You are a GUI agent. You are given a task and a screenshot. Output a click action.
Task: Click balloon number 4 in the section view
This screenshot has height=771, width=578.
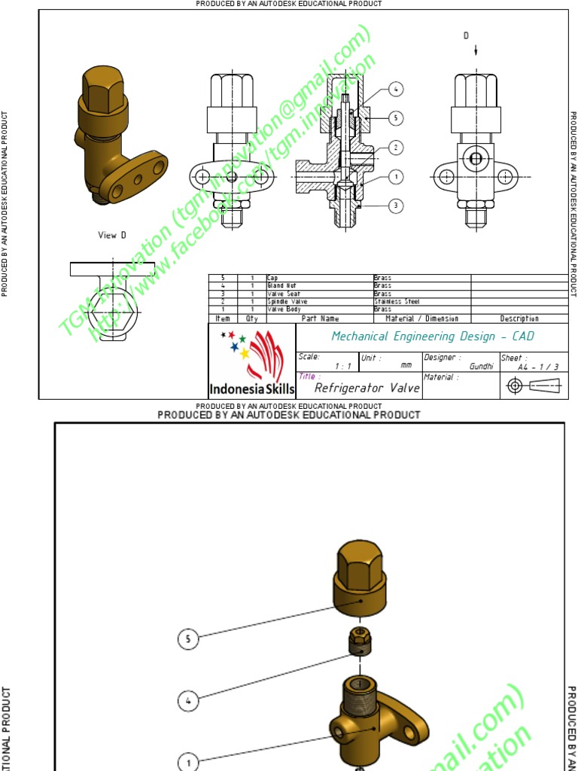397,90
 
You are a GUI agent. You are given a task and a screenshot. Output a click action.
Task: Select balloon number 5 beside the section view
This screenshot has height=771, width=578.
397,118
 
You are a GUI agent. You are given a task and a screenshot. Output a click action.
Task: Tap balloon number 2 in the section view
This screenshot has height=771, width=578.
397,148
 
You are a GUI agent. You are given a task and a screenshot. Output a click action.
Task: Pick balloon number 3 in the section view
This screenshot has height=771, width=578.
397,206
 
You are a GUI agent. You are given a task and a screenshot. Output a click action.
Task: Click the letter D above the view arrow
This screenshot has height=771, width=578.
466,35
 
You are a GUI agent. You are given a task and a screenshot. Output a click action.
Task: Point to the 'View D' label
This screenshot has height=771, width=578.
112,235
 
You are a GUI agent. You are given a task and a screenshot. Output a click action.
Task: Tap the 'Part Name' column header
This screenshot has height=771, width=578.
320,318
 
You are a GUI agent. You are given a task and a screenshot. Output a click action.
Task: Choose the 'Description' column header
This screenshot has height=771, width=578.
519,318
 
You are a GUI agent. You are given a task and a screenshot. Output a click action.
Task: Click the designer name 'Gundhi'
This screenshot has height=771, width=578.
481,366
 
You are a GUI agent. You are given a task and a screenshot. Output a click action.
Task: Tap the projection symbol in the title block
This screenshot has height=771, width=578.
534,385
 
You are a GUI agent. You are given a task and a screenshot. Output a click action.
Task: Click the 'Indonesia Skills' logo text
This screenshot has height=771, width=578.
251,389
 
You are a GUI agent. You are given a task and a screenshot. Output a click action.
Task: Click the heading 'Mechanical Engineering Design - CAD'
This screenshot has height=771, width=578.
432,337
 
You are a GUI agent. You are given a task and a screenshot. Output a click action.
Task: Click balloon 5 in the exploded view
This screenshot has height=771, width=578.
188,639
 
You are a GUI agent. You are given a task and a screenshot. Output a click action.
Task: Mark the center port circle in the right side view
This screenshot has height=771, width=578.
475,158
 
